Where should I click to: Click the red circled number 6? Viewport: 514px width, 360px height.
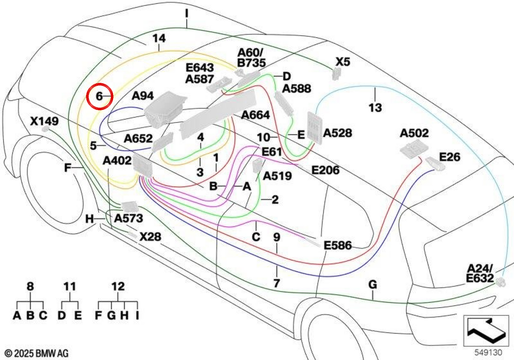99,96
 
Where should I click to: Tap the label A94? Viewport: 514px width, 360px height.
143,96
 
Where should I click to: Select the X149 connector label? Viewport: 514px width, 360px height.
44,121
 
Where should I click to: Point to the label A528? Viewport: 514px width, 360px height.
338,133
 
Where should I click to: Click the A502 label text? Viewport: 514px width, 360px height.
414,133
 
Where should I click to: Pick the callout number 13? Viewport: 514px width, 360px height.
375,108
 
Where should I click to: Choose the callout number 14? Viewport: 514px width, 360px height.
159,38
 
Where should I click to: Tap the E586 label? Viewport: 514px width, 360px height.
338,245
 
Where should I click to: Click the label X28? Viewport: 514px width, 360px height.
150,237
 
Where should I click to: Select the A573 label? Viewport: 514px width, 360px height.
128,218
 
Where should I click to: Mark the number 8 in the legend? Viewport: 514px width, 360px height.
30,286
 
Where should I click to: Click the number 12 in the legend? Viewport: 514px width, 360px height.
118,286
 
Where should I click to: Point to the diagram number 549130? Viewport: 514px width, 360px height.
488,352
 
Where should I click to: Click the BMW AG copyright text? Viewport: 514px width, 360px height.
37,353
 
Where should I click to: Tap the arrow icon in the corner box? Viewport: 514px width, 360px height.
486,330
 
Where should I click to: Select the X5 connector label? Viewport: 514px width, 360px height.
343,62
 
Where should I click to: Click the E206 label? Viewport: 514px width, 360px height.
326,170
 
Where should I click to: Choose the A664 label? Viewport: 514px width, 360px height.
255,115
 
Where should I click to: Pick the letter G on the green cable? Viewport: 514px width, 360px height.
373,285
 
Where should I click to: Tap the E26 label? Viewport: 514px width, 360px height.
449,157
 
